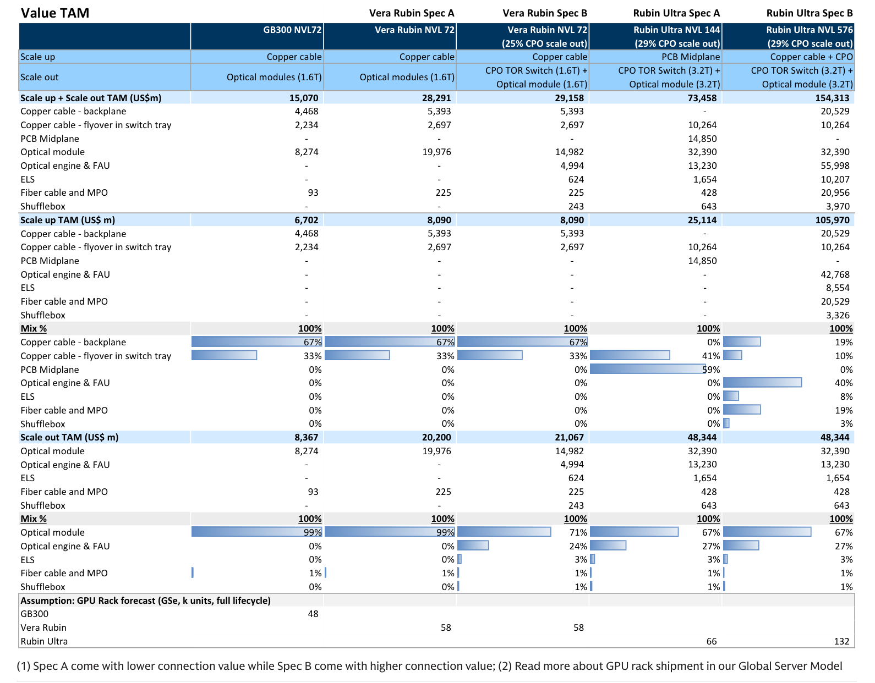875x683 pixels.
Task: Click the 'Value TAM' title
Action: point(55,13)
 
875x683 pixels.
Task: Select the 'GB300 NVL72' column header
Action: point(292,30)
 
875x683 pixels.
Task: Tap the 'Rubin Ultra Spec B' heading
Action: point(810,13)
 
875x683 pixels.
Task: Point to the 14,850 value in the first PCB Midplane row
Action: point(702,139)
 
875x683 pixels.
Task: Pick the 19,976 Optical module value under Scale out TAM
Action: point(436,451)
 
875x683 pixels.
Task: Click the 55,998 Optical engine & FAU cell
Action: point(835,166)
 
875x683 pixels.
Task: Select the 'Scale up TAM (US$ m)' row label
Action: point(68,220)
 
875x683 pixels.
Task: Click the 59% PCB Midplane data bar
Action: point(648,369)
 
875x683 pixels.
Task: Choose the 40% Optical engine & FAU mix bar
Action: point(762,382)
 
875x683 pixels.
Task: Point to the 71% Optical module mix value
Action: point(578,532)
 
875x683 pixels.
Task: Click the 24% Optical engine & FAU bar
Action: point(473,546)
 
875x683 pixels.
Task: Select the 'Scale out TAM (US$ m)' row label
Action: point(69,437)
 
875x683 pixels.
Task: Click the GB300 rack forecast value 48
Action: point(313,614)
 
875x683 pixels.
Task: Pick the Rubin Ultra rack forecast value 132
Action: point(841,641)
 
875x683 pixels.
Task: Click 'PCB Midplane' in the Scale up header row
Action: point(691,57)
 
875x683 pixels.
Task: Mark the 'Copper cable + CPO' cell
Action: point(811,57)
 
